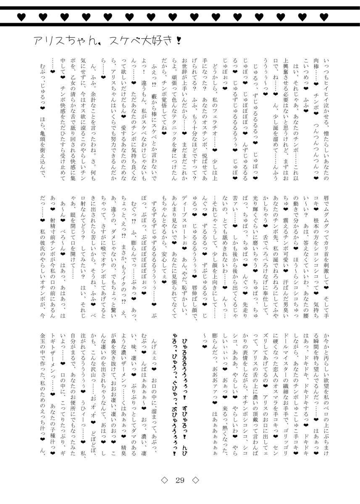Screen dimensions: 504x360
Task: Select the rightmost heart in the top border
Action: (323, 17)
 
